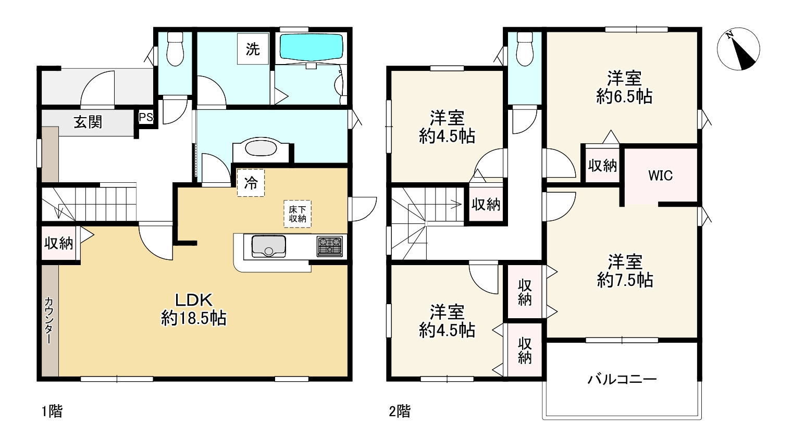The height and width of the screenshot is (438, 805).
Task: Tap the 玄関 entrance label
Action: click(x=88, y=122)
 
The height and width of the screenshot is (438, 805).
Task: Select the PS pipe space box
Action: click(x=146, y=117)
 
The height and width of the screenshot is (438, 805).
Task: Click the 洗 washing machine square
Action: click(x=253, y=49)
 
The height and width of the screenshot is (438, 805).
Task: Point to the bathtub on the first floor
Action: click(x=312, y=47)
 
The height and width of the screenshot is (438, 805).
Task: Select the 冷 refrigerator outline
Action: click(x=251, y=183)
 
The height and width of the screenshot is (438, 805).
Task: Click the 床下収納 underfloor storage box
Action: click(x=298, y=214)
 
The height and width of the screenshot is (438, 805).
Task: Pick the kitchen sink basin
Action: click(x=268, y=246)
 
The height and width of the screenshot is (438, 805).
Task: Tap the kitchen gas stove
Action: click(x=330, y=246)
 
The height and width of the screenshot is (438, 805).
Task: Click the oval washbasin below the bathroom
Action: click(x=261, y=148)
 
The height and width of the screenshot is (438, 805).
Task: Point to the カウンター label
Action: click(x=48, y=320)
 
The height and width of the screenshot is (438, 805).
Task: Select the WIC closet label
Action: click(x=660, y=176)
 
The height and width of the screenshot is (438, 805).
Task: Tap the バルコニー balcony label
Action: click(x=622, y=379)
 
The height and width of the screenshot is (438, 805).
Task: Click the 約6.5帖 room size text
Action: click(x=624, y=97)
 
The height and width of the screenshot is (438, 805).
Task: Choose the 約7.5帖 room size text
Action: click(x=625, y=281)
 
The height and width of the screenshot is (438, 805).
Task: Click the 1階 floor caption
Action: click(x=52, y=411)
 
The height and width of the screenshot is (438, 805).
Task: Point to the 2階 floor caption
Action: click(x=400, y=411)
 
